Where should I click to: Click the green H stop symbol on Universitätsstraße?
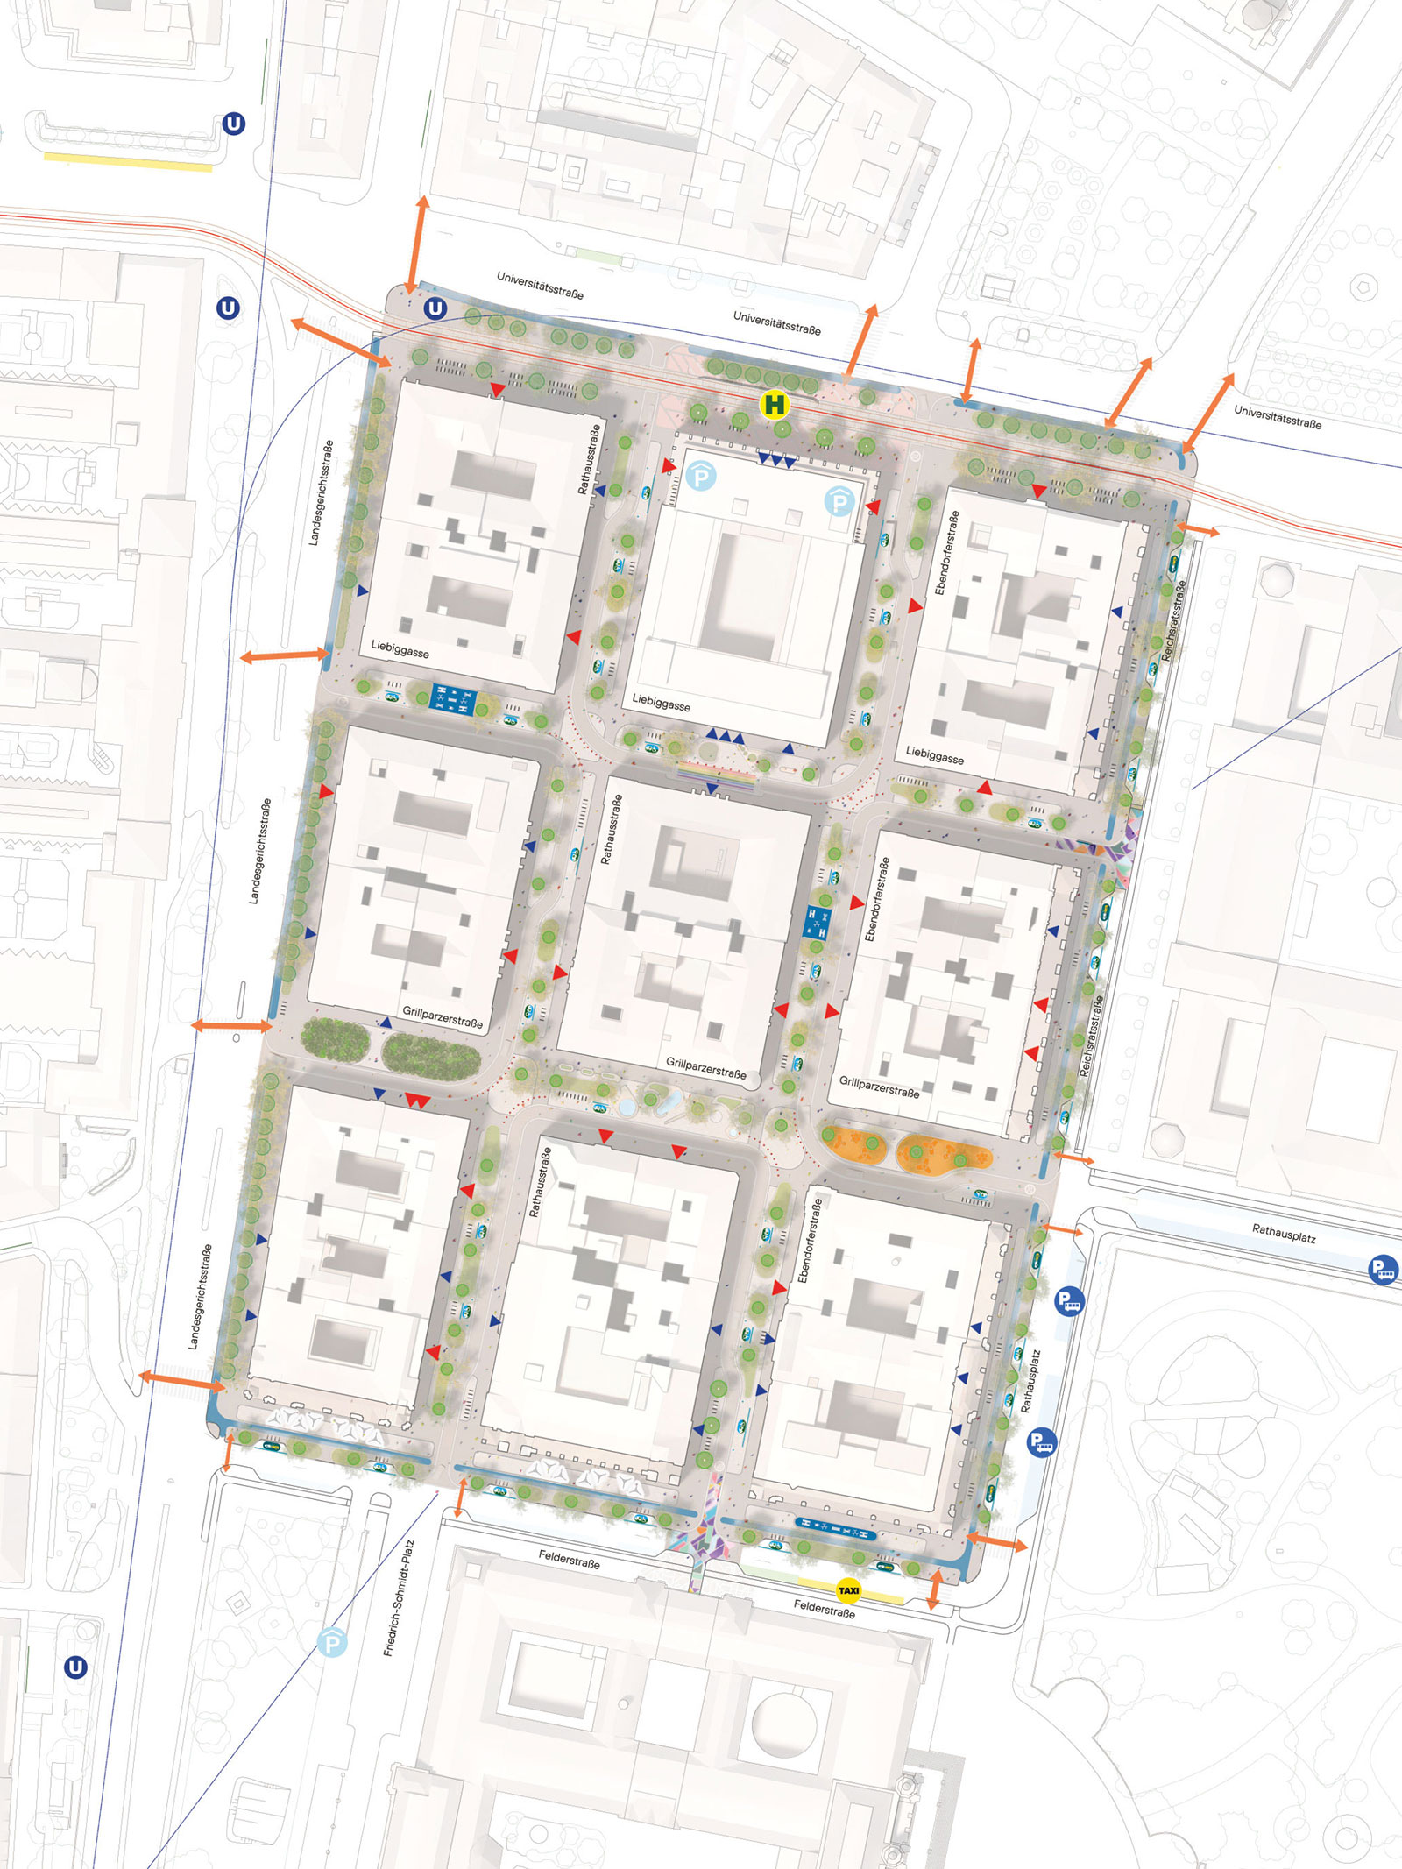coord(775,405)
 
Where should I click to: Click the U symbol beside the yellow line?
coord(233,124)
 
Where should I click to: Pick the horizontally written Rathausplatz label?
coord(1284,1234)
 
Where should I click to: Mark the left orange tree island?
coord(856,1143)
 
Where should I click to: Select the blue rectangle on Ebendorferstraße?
coord(817,923)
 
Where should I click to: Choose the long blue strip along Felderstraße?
coord(835,1533)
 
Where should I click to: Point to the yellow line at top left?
coord(128,161)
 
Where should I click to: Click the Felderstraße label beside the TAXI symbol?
coord(824,1608)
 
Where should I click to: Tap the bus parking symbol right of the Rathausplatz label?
coord(1383,1269)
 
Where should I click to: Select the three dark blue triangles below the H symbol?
coord(776,459)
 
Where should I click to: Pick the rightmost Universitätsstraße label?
coord(1278,415)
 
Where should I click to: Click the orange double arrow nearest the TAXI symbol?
coord(934,1589)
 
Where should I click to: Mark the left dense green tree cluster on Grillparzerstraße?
coord(335,1038)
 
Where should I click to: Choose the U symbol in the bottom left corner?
coord(76,1667)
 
